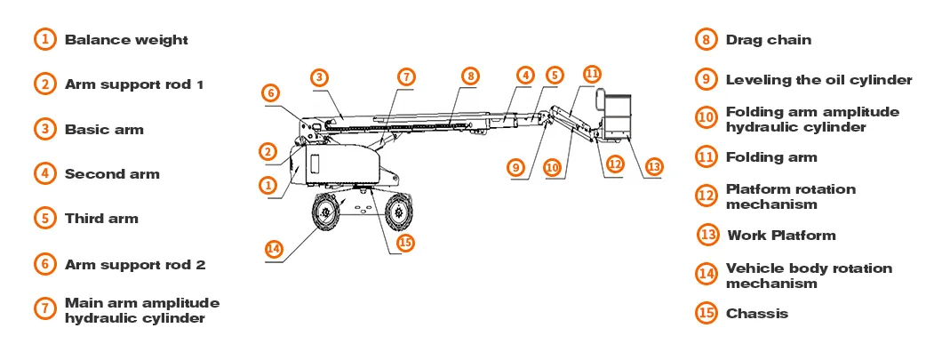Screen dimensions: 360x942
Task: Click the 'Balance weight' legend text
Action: click(x=126, y=40)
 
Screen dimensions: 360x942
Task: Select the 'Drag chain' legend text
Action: click(x=769, y=40)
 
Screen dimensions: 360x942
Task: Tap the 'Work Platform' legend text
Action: click(x=781, y=236)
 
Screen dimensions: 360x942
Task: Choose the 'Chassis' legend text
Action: click(x=756, y=313)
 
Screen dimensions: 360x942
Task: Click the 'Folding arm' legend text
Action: click(x=770, y=157)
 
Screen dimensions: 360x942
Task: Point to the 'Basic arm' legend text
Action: click(x=104, y=129)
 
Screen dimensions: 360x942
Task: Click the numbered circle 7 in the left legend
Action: click(x=44, y=309)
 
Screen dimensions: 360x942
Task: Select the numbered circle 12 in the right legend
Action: click(x=706, y=196)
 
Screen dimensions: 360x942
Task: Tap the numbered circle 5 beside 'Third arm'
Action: click(x=44, y=218)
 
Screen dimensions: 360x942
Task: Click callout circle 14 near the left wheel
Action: click(x=275, y=249)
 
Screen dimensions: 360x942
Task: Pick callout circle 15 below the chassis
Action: click(x=405, y=242)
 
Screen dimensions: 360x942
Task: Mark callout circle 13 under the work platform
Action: click(x=654, y=166)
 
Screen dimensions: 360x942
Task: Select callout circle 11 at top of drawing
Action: click(x=592, y=73)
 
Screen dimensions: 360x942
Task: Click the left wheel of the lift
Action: click(x=325, y=213)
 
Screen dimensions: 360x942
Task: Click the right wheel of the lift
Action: click(x=399, y=212)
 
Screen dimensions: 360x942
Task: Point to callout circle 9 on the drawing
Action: click(x=516, y=166)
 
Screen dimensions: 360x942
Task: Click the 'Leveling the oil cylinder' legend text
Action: click(x=818, y=79)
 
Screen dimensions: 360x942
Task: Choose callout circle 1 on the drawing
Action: click(x=267, y=185)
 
